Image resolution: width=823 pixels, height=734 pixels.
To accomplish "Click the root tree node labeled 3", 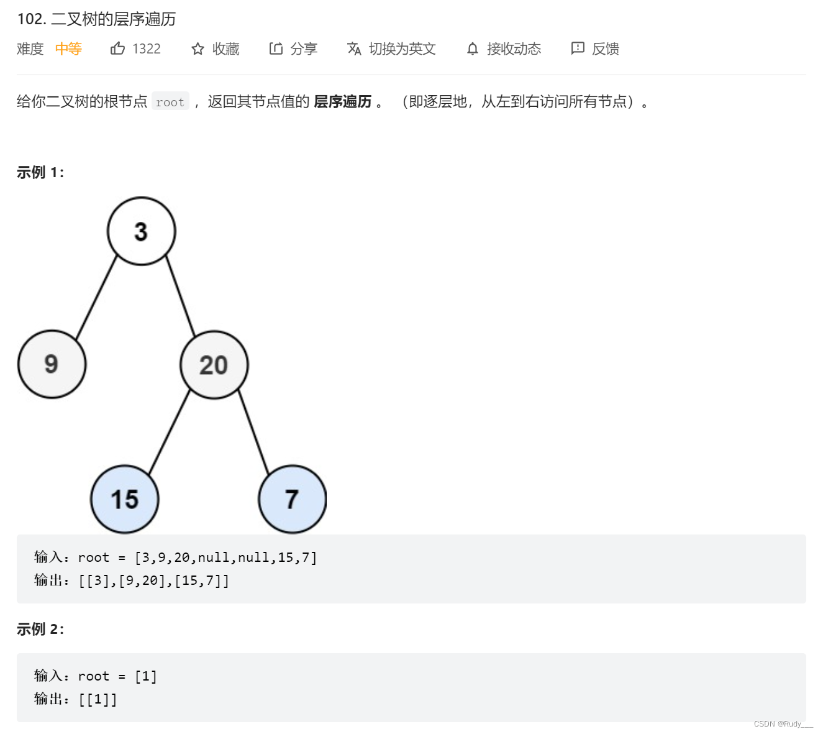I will pos(142,231).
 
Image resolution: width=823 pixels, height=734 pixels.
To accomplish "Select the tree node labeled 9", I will pos(52,364).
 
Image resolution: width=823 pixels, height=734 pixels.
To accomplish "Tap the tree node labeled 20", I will pos(214,365).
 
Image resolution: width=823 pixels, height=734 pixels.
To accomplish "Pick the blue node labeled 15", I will pos(125,499).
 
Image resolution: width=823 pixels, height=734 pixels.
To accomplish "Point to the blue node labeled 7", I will pos(292,499).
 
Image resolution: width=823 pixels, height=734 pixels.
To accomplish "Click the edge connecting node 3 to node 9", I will pos(96,297).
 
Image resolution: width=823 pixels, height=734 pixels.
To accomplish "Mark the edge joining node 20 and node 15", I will pos(170,431).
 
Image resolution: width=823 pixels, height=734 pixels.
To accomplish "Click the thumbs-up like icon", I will pos(117,48).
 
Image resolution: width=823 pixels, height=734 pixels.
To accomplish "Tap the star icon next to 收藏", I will pos(198,49).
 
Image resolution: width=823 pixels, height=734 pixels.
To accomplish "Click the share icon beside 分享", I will pos(276,48).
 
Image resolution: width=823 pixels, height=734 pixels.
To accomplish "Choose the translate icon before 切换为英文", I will pos(354,48).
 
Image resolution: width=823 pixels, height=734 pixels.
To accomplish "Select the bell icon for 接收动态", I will pos(473,48).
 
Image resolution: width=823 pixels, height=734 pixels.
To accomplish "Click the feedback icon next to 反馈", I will pos(578,48).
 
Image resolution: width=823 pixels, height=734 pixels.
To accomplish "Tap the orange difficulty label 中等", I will pos(68,48).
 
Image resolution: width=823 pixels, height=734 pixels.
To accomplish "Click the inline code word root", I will pos(170,102).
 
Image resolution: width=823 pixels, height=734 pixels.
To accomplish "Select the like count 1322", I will pos(147,48).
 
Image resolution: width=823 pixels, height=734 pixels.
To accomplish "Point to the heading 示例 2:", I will pos(40,629).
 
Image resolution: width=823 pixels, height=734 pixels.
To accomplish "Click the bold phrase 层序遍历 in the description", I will pos(343,101).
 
